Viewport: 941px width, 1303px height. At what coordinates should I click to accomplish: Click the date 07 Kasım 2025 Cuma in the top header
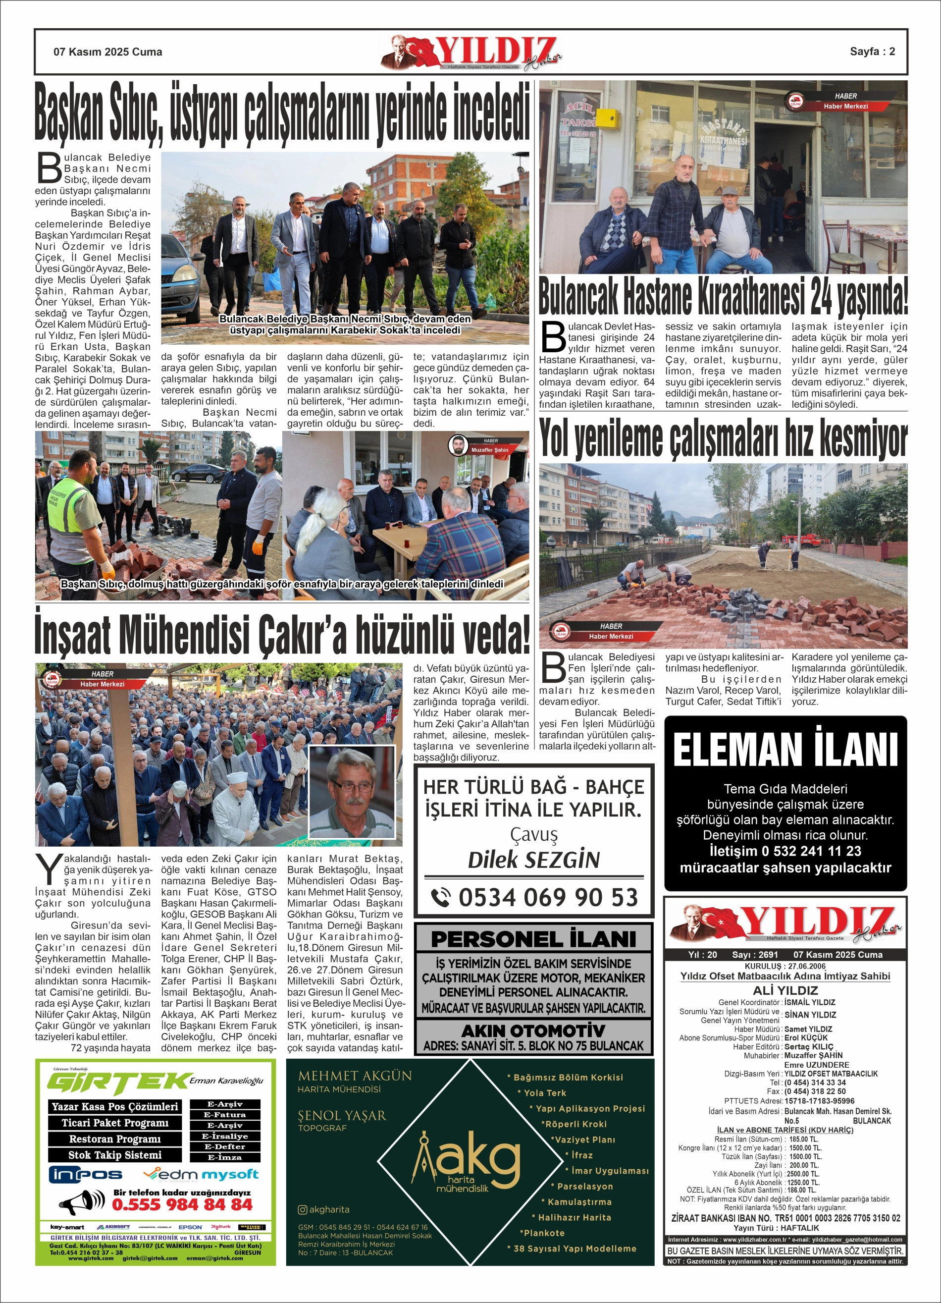(107, 52)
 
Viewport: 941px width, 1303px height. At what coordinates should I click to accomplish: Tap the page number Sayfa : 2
(872, 51)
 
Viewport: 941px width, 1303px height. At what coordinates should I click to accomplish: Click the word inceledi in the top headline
(491, 112)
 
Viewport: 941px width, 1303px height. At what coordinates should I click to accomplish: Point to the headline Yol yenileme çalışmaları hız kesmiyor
(723, 439)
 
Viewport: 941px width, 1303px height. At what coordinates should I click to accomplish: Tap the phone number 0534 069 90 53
(547, 897)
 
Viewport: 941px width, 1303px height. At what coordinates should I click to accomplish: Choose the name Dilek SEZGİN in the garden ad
(534, 860)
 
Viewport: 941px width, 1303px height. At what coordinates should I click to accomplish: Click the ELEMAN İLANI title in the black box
(785, 750)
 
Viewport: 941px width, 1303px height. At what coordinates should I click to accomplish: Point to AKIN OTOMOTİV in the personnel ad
(534, 1030)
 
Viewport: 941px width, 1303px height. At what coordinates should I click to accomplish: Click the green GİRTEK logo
(118, 1083)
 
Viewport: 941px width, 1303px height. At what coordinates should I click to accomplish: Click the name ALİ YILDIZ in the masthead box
(785, 990)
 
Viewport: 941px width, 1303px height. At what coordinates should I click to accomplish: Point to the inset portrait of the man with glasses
(352, 791)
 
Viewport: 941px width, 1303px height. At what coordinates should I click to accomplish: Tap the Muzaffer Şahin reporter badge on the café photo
(481, 445)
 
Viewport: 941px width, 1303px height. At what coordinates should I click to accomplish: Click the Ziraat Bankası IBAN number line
(785, 1218)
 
